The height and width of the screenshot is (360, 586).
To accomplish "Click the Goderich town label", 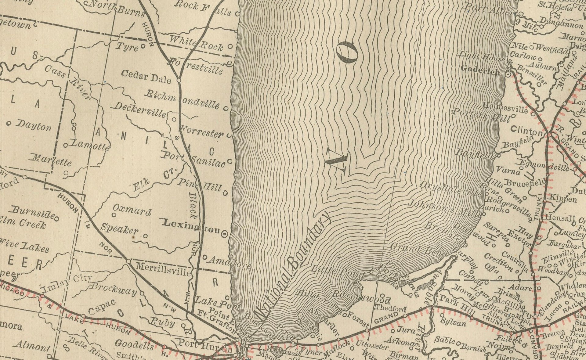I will coord(480,70).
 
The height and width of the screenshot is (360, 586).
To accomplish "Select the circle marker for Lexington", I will coord(225,234).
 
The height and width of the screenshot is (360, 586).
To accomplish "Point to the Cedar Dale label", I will coord(146,77).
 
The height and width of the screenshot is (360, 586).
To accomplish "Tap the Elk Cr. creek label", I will coord(154,179).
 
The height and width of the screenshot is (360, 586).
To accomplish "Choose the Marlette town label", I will coord(51,160).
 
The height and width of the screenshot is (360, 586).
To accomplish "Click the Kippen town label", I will coord(563,199).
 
